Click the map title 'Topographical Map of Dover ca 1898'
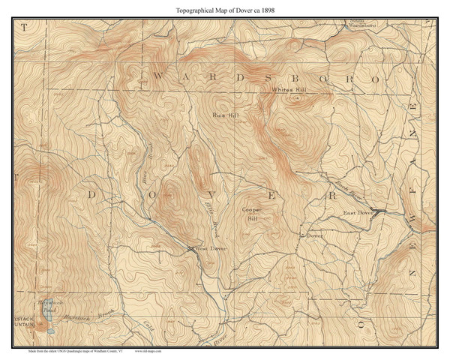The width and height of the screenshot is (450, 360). click(224, 10)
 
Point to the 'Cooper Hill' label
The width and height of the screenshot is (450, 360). click(250, 215)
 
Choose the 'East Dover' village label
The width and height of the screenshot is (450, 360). click(358, 214)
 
